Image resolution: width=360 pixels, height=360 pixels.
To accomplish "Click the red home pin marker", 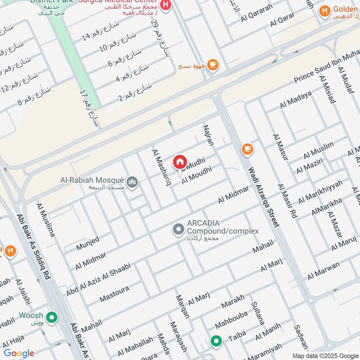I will pos(180,162).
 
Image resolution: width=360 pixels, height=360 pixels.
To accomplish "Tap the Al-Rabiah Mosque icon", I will pos(132,182).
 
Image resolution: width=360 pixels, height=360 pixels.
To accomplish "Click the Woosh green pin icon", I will pos(52,318).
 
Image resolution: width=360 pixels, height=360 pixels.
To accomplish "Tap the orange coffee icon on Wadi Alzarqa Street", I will pos(247,148).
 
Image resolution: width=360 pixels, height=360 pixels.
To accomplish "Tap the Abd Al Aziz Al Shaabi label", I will pos(98,279).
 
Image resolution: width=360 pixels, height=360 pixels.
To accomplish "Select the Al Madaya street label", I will pos(296,100).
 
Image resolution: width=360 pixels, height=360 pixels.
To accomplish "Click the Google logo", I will pos(18,353).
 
